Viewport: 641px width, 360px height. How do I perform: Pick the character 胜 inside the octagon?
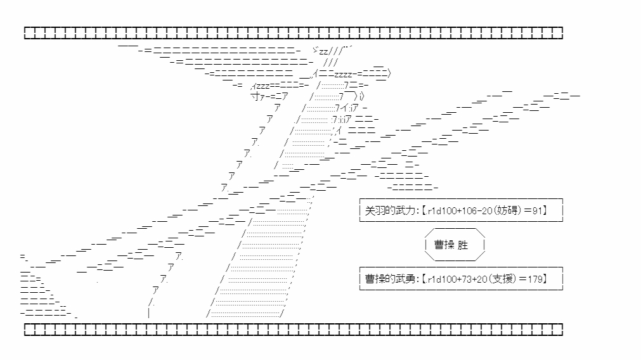463,245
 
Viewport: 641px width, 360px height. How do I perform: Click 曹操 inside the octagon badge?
444,245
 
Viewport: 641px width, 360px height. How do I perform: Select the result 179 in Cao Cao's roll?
534,279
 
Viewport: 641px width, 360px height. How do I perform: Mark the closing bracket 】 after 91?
545,211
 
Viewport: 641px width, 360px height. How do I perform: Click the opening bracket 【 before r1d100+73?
424,279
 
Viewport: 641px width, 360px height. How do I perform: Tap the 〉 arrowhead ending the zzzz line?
389,74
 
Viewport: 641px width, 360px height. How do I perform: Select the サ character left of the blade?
256,97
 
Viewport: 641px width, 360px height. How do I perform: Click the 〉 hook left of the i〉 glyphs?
356,96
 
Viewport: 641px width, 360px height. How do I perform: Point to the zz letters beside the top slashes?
323,51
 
